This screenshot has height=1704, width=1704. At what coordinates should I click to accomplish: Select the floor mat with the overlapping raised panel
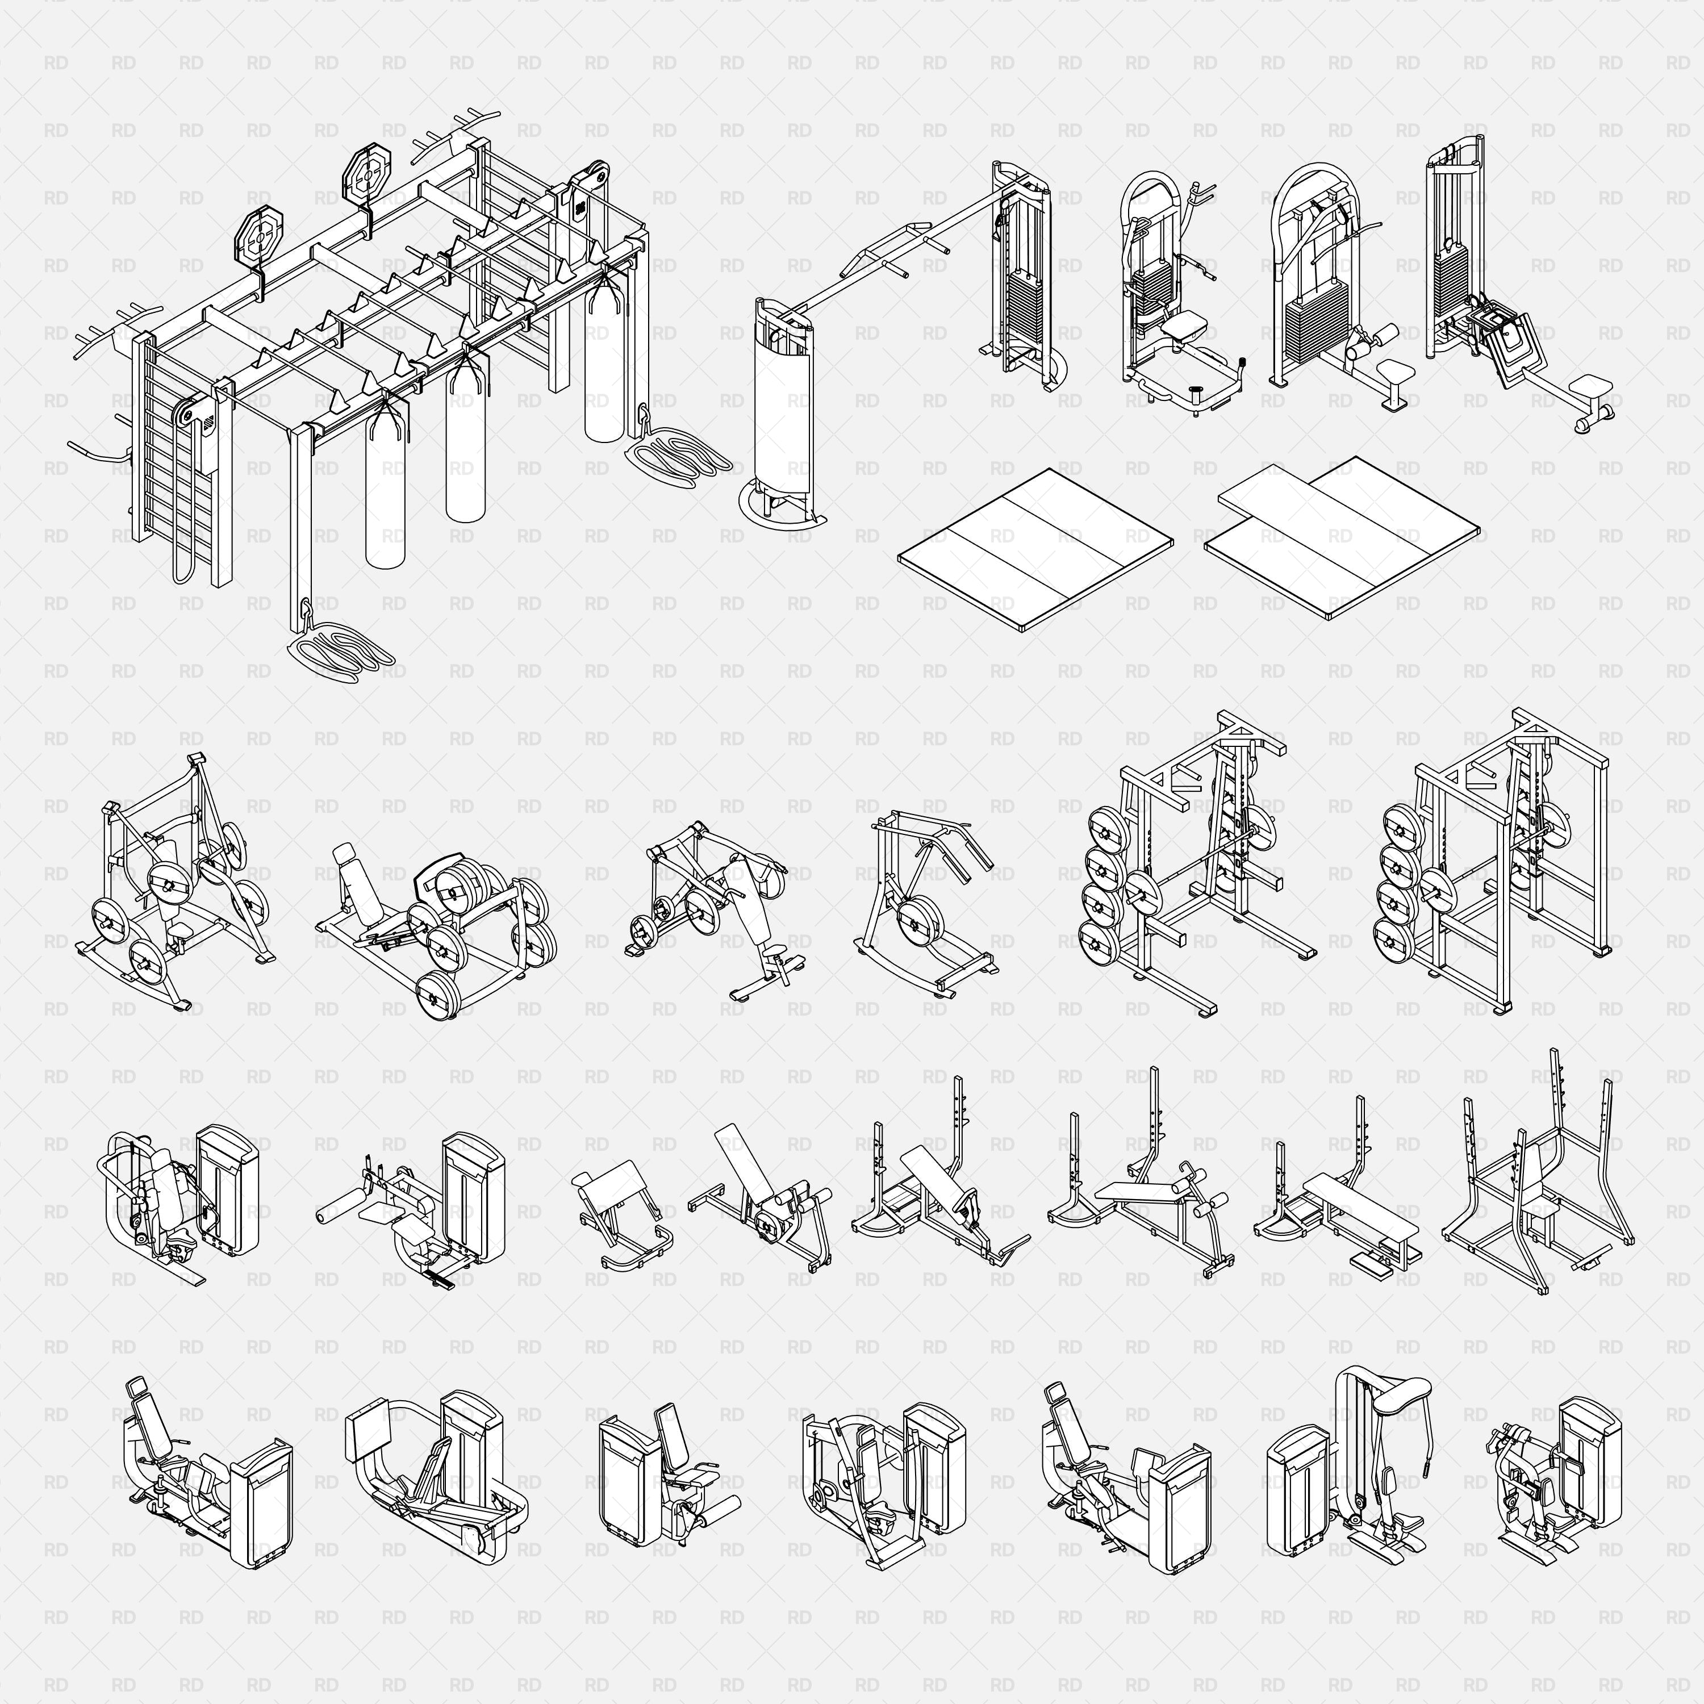click(x=1340, y=538)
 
